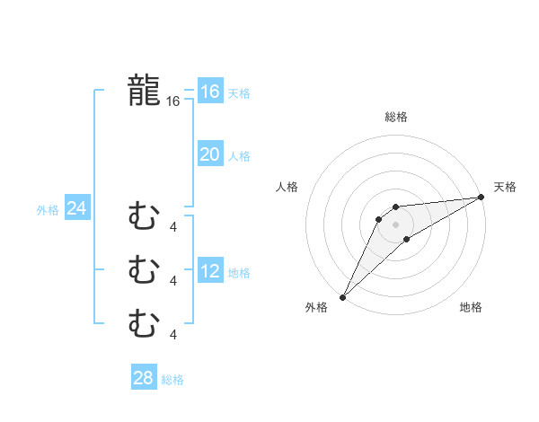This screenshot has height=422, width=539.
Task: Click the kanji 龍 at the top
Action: tap(144, 90)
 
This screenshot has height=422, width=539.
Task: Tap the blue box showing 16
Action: tap(210, 92)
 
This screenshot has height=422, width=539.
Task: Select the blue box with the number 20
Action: tap(210, 154)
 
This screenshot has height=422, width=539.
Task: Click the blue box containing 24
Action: tap(76, 209)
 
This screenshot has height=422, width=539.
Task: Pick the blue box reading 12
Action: tap(210, 271)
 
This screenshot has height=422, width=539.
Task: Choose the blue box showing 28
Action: tap(144, 378)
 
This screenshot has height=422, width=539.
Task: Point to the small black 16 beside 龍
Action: tap(173, 102)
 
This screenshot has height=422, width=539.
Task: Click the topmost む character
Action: tap(144, 215)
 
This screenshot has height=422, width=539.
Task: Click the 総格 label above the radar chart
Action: tap(395, 117)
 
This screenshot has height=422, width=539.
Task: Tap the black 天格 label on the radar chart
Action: tap(505, 187)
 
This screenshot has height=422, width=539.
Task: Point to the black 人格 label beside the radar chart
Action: tap(287, 187)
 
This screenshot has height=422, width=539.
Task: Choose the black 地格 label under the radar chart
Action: tap(471, 307)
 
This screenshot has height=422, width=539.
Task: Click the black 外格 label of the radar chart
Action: tap(316, 307)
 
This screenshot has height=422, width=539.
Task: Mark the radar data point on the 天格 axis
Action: tap(482, 197)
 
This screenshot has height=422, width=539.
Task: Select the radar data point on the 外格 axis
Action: tap(342, 296)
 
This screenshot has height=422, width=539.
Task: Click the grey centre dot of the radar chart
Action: tap(395, 224)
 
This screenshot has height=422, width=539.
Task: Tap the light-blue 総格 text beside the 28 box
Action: tap(172, 380)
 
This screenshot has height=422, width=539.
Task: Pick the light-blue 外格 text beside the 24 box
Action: tap(48, 210)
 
